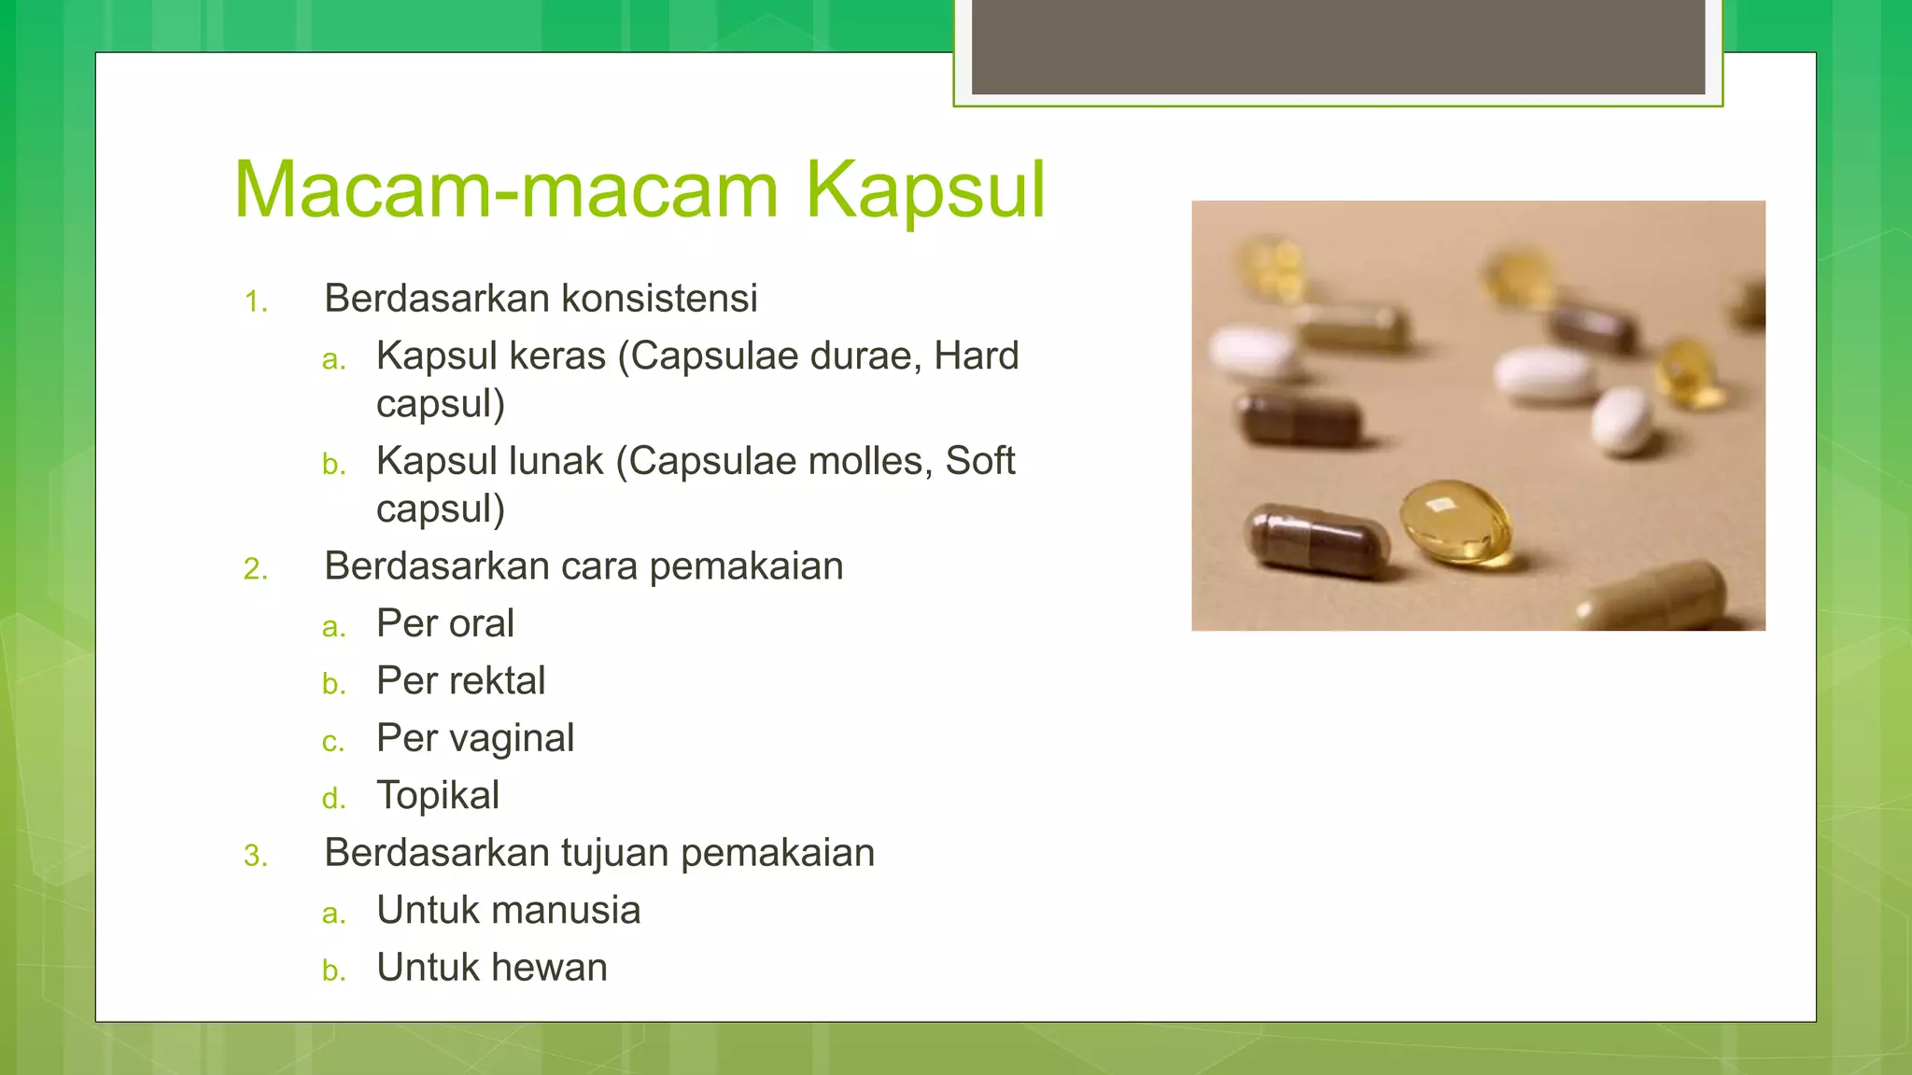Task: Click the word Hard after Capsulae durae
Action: click(x=976, y=356)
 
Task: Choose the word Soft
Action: click(x=979, y=461)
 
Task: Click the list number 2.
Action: click(x=255, y=569)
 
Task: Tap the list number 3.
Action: click(x=255, y=856)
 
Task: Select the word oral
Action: click(x=481, y=624)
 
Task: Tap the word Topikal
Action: click(x=438, y=796)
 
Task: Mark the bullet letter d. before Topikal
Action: click(x=333, y=800)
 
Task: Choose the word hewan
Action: click(x=552, y=968)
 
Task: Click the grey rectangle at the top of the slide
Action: click(x=1338, y=47)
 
